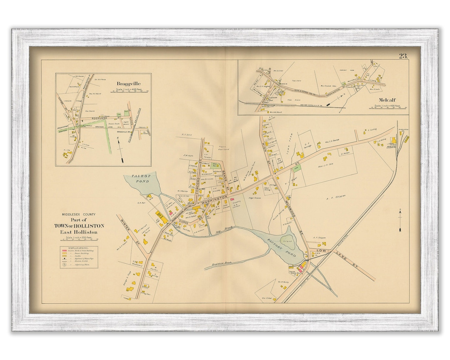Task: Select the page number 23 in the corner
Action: coord(403,56)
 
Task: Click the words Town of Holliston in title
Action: coord(82,226)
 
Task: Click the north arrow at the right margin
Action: coord(400,220)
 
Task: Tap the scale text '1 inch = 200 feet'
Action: coord(82,237)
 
